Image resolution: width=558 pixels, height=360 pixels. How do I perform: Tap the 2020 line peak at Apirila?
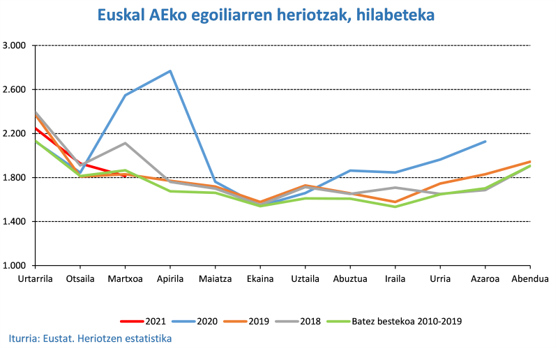170,71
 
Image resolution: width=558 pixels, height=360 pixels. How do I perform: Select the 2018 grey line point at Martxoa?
126,143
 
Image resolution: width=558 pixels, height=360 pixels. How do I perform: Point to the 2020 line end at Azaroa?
485,141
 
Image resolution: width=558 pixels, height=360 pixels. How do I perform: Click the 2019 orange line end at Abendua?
530,162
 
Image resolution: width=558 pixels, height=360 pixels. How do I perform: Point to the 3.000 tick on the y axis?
15,46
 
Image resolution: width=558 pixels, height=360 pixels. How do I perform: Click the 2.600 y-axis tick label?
15,90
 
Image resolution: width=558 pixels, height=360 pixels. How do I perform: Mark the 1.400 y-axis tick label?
15,222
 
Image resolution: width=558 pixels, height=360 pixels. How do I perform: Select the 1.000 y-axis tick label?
15,266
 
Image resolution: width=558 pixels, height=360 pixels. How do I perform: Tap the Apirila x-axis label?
170,278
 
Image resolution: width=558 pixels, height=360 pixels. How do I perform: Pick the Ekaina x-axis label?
260,278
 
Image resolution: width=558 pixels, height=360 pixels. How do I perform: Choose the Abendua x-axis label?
530,278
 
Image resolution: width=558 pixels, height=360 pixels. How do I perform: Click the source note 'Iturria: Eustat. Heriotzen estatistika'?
90,339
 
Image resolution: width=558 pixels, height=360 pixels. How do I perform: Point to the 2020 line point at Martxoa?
126,95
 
